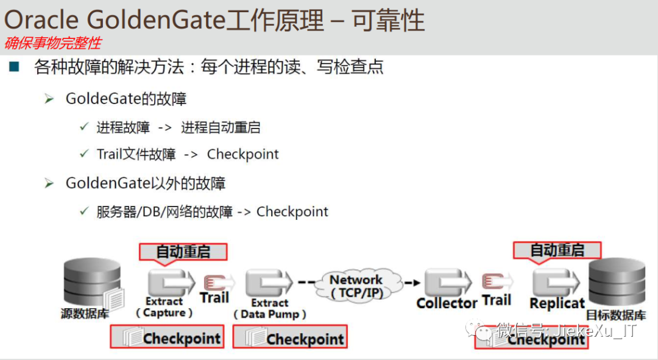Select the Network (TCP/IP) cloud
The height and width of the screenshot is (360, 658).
(356, 285)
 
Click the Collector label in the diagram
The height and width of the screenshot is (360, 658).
(447, 303)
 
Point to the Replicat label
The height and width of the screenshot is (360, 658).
(557, 303)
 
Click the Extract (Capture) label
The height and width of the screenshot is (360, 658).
(164, 307)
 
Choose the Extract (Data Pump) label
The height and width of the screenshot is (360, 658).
(269, 309)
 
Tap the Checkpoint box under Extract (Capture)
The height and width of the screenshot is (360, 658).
(166, 337)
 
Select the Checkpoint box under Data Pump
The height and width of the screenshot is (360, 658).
(289, 337)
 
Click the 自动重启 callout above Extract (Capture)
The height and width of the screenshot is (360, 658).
(183, 252)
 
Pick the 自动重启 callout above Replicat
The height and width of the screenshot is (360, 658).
(557, 250)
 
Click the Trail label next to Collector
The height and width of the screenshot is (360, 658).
(497, 300)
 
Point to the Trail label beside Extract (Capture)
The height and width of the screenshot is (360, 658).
(214, 297)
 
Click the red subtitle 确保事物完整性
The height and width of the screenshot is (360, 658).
(53, 43)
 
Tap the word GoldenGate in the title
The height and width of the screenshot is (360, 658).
(157, 21)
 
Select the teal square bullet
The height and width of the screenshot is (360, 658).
(15, 66)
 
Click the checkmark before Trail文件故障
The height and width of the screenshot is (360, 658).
(85, 154)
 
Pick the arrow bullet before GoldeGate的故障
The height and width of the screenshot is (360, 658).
(50, 99)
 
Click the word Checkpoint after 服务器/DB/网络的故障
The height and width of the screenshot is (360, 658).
(292, 211)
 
